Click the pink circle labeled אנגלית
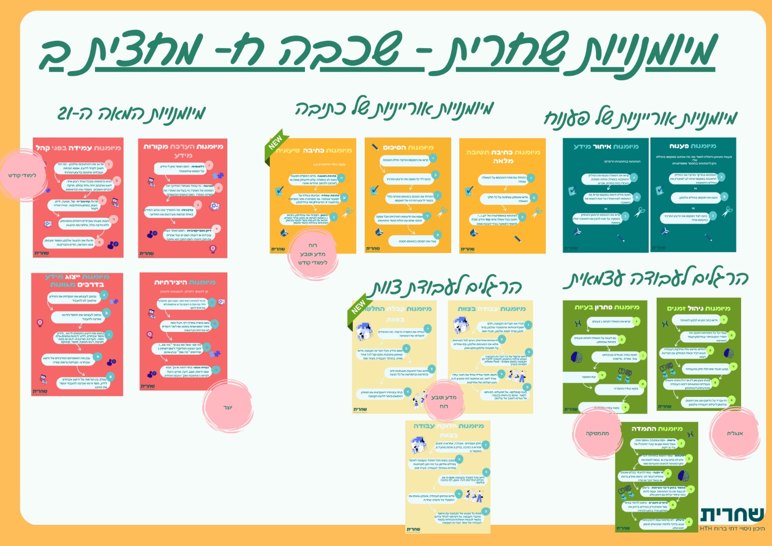[x=734, y=433]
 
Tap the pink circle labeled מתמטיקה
[x=597, y=433]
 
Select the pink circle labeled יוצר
[x=228, y=407]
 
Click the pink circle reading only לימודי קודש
[x=22, y=175]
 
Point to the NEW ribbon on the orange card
[x=276, y=143]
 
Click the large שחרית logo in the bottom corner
[x=731, y=515]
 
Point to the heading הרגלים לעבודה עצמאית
[x=656, y=279]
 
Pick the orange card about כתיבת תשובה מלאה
[x=502, y=196]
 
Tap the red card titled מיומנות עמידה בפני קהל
[x=78, y=198]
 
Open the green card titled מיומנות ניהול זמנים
[x=698, y=354]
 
